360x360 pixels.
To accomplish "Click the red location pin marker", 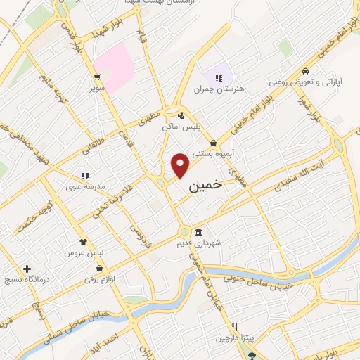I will (x=181, y=165).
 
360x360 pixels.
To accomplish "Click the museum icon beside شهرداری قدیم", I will (x=199, y=232).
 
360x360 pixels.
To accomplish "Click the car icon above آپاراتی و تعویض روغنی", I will (x=304, y=72).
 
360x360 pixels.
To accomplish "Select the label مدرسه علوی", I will (x=90, y=186).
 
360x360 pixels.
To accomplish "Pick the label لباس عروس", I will (x=84, y=252).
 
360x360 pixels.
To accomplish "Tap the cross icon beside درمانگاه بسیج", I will (x=27, y=269).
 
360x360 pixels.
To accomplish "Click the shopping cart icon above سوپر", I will (x=96, y=79).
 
